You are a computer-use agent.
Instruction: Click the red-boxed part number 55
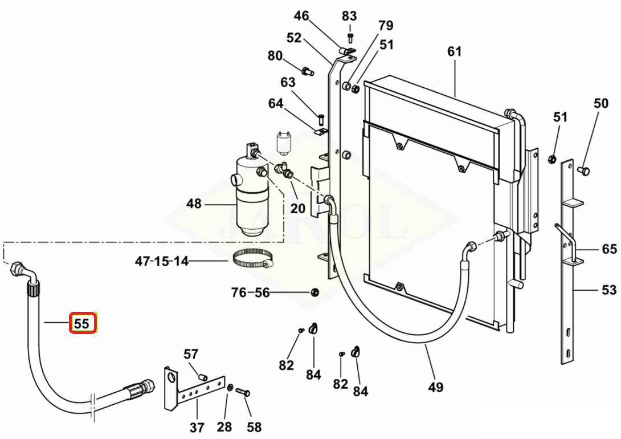pyautogui.click(x=81, y=323)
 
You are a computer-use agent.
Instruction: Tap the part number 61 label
pyautogui.click(x=454, y=51)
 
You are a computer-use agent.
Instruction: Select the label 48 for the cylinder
pyautogui.click(x=194, y=204)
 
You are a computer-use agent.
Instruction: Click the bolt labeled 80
pyautogui.click(x=308, y=72)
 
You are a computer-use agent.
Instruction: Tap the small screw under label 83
pyautogui.click(x=350, y=38)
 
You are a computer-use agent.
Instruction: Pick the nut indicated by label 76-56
pyautogui.click(x=314, y=293)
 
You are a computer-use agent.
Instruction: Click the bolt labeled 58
pyautogui.click(x=243, y=392)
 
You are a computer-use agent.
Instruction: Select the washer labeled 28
pyautogui.click(x=230, y=387)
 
